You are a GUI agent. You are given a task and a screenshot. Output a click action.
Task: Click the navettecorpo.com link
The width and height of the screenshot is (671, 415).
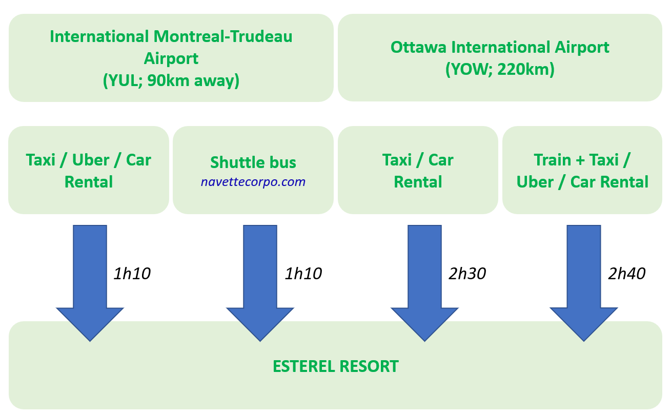pyautogui.click(x=253, y=182)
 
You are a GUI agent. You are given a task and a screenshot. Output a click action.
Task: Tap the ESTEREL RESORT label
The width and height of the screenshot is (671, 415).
pyautogui.click(x=335, y=366)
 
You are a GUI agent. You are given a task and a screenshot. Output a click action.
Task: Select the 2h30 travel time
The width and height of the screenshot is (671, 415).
pyautogui.click(x=467, y=274)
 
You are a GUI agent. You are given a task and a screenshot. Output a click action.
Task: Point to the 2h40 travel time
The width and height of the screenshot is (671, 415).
pyautogui.click(x=627, y=274)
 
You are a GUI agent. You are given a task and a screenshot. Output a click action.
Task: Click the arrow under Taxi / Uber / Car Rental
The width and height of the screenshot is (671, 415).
pyautogui.click(x=90, y=283)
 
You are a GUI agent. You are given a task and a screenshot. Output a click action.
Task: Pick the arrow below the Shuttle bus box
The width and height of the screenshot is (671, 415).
pyautogui.click(x=260, y=283)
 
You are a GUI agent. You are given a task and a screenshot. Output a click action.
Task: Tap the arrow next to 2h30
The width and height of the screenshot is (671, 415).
pyautogui.click(x=424, y=283)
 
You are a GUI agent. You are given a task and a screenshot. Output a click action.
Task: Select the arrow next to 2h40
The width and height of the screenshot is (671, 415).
pyautogui.click(x=584, y=283)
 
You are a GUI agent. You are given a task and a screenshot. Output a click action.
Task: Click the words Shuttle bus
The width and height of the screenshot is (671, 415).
pyautogui.click(x=253, y=162)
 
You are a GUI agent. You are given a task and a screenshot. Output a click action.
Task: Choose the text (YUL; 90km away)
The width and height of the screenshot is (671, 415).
pyautogui.click(x=171, y=81)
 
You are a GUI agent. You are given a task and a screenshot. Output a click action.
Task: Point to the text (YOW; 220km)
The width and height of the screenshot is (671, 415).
pyautogui.click(x=500, y=70)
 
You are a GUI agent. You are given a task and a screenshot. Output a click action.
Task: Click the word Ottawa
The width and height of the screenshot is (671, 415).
pyautogui.click(x=418, y=47)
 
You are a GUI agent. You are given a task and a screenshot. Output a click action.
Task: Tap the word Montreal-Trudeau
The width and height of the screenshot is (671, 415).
pyautogui.click(x=223, y=36)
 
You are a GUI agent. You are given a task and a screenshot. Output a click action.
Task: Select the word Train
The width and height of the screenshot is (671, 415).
pyautogui.click(x=553, y=160)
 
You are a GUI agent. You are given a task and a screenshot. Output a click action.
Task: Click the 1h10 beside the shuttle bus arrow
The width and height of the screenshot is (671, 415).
pyautogui.click(x=303, y=274)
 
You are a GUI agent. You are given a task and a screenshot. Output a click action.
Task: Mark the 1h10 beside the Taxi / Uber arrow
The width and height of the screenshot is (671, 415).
pyautogui.click(x=132, y=274)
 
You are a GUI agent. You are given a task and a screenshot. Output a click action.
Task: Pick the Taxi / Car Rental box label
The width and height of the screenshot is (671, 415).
pyautogui.click(x=418, y=171)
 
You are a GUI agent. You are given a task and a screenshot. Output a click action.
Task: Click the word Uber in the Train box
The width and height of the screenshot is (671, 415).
pyautogui.click(x=535, y=182)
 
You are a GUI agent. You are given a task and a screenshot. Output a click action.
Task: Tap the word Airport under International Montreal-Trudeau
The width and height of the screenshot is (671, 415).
pyautogui.click(x=171, y=59)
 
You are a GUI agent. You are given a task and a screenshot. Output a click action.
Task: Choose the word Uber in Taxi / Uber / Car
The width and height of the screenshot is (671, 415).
pyautogui.click(x=90, y=160)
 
